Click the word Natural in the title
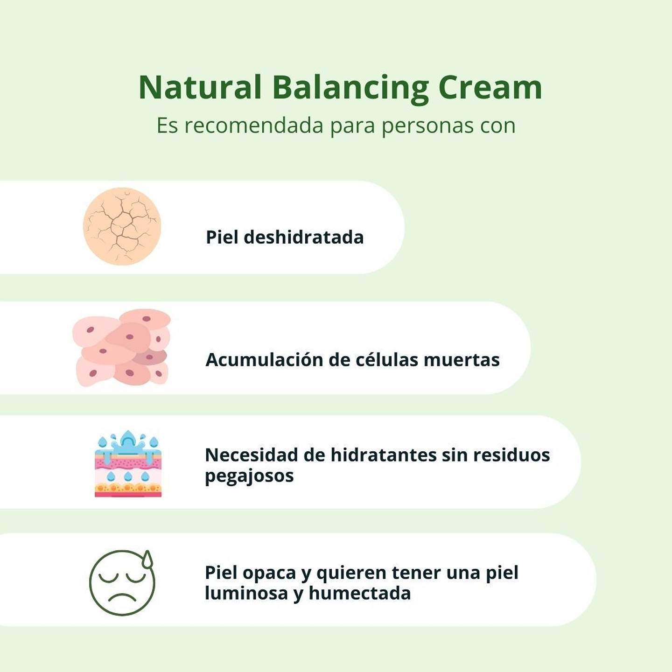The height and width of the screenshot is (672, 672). pyautogui.click(x=200, y=87)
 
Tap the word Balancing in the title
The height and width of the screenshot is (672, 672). pyautogui.click(x=350, y=87)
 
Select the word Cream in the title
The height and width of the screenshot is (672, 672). pyautogui.click(x=490, y=87)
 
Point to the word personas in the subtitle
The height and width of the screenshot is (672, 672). pyautogui.click(x=423, y=126)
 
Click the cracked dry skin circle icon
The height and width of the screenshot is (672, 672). pyautogui.click(x=122, y=226)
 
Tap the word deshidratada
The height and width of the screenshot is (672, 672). pyautogui.click(x=303, y=237)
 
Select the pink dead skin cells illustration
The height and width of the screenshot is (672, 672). pyautogui.click(x=122, y=348)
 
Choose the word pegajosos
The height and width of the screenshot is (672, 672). pyautogui.click(x=249, y=476)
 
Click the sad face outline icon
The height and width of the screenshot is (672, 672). pyautogui.click(x=122, y=583)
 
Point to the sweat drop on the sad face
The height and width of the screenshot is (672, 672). pyautogui.click(x=148, y=559)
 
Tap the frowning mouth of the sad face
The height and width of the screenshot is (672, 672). pyautogui.click(x=121, y=597)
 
